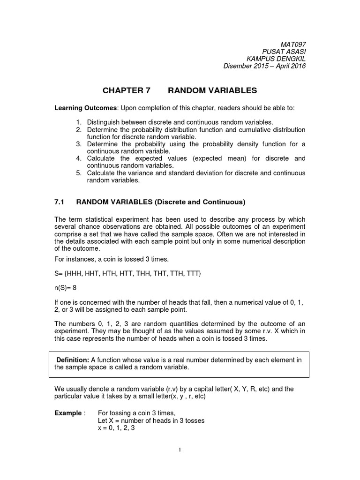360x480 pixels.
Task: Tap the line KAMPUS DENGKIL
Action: click(276, 58)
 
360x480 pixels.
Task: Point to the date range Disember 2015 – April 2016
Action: click(264, 66)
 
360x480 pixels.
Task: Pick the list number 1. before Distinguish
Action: click(79, 122)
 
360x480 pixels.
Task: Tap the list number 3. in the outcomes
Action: click(79, 144)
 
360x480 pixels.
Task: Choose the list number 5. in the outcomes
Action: click(79, 173)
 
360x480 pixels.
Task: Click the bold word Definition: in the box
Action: click(73, 360)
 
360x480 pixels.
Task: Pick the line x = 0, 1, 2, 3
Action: click(116, 428)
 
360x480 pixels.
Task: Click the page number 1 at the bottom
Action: click(180, 450)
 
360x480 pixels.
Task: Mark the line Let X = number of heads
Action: click(151, 420)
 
